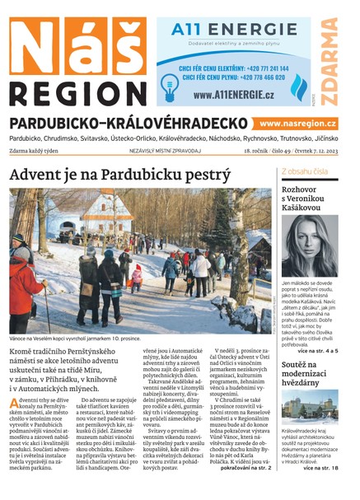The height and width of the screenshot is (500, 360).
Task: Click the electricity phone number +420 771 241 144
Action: coord(262,69)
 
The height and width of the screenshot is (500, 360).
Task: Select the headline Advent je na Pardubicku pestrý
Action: coord(119,175)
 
